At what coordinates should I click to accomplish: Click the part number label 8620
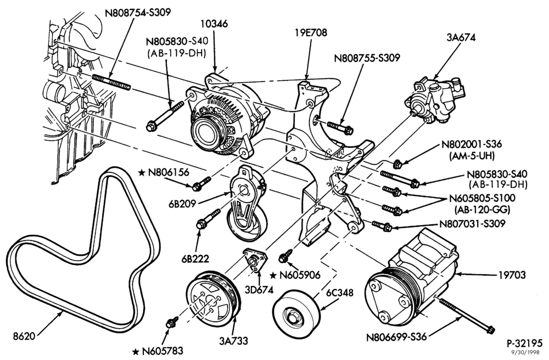[x=24, y=336]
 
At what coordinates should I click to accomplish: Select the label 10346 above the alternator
[x=214, y=24]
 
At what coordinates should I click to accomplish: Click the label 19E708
[x=311, y=32]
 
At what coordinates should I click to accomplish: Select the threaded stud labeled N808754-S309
[x=111, y=82]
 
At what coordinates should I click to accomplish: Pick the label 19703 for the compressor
[x=512, y=275]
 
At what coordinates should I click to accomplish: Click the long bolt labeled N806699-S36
[x=466, y=314]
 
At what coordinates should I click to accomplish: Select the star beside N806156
[x=142, y=172]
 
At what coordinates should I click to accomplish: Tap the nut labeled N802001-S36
[x=397, y=164]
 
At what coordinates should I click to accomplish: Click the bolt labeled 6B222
[x=208, y=219]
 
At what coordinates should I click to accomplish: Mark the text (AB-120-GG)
[x=482, y=210]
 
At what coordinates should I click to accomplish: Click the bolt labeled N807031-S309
[x=382, y=226]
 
